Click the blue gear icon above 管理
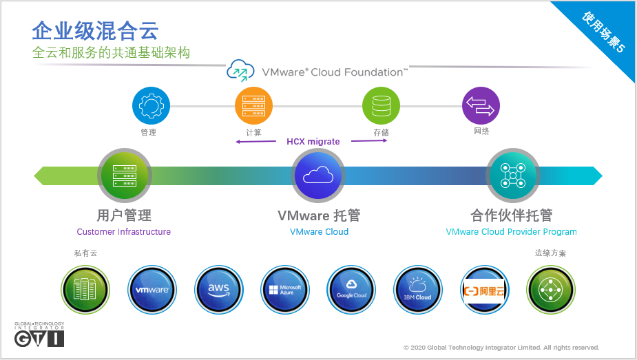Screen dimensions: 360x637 click(150, 105)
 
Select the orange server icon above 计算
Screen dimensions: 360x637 click(253, 105)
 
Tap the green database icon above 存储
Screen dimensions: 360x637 click(381, 105)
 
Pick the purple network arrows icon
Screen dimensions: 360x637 click(481, 105)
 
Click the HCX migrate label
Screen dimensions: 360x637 click(313, 142)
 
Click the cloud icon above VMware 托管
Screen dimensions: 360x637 click(317, 176)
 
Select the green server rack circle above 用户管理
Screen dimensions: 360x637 click(124, 176)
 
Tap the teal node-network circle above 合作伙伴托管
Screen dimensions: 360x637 click(512, 176)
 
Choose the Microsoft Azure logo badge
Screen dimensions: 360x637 click(285, 289)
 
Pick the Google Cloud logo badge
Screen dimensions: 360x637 click(351, 289)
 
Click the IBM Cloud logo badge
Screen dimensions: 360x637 click(418, 289)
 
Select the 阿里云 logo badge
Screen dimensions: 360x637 click(484, 289)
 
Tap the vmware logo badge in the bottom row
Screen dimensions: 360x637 click(152, 289)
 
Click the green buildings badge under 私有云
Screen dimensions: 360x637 click(85, 289)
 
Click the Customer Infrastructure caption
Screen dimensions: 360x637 click(124, 232)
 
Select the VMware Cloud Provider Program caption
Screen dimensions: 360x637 click(512, 232)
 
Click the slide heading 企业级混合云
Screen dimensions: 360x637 click(95, 30)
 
